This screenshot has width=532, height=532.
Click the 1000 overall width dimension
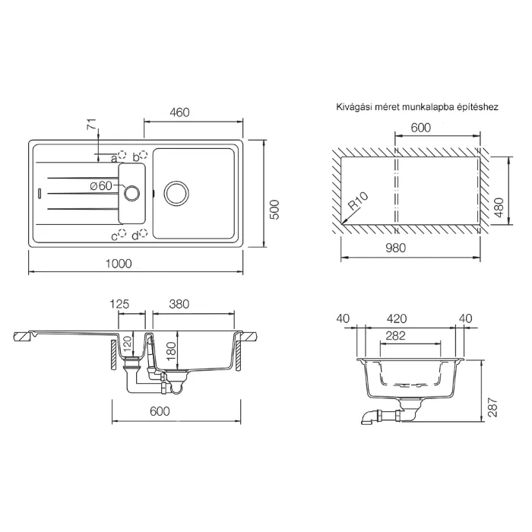tap(119, 264)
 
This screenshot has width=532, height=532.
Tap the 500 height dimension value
tap(275, 210)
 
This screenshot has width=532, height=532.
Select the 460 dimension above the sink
tap(179, 112)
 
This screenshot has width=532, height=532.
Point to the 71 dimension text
tap(92, 124)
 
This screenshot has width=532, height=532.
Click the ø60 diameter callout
tap(101, 185)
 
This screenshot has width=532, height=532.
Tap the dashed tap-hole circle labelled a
tap(122, 155)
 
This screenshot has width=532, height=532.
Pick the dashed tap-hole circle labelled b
tap(144, 155)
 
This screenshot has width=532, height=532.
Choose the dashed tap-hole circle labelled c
tap(122, 233)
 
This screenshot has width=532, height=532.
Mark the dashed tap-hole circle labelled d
tap(144, 233)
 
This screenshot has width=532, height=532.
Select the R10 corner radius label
tap(358, 201)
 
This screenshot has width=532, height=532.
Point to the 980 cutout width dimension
tap(396, 248)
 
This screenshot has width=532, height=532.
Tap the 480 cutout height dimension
tap(499, 207)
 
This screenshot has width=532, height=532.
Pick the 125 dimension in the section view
tap(119, 304)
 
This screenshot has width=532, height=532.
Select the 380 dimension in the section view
tap(179, 304)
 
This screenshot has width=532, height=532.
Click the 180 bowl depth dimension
tap(171, 351)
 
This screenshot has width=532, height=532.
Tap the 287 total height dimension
tap(492, 407)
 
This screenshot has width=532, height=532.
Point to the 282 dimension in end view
tap(396, 336)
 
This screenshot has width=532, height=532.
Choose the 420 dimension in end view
tap(397, 318)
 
